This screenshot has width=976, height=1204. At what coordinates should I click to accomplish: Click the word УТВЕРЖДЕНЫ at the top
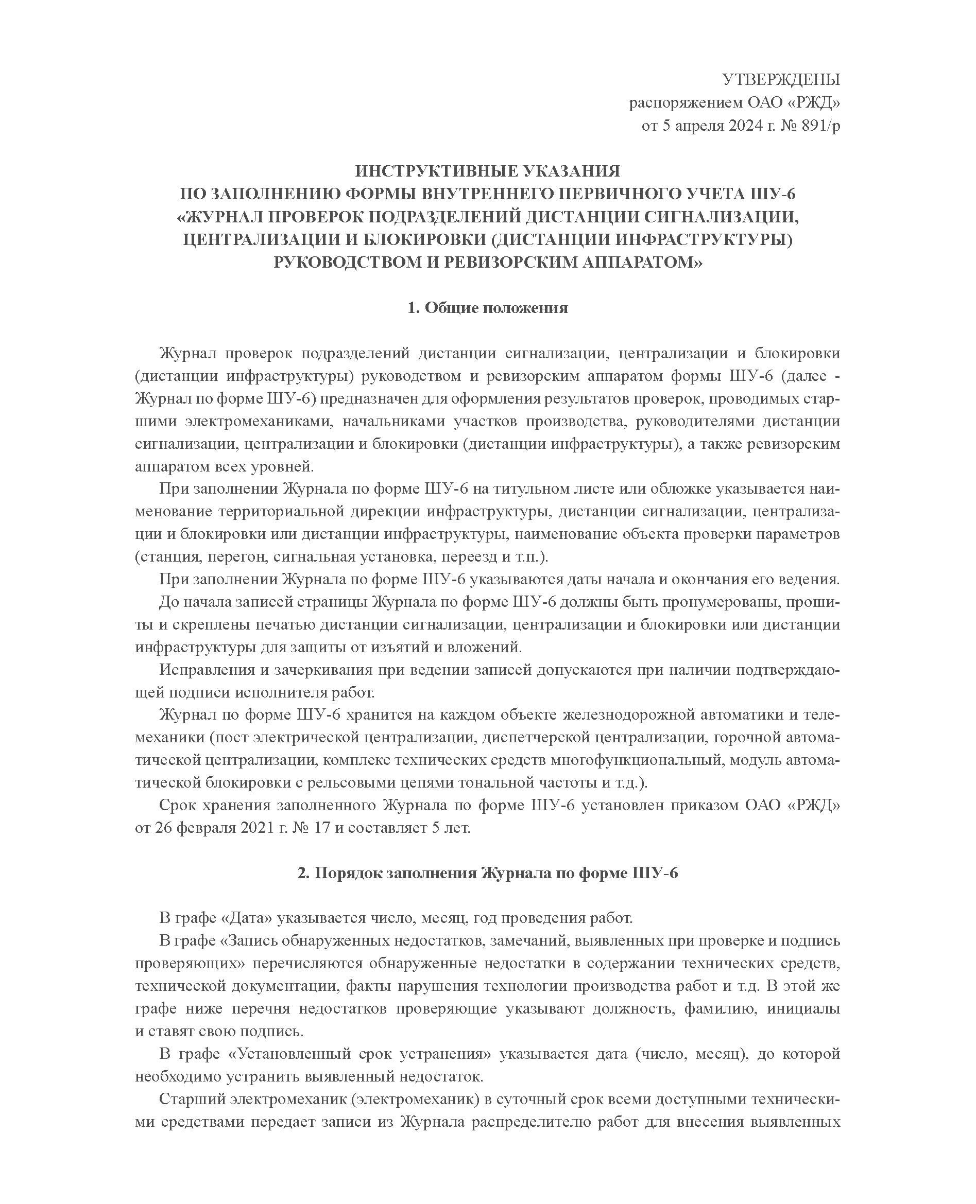click(x=780, y=80)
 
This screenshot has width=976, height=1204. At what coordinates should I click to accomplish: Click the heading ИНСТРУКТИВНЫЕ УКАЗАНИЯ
click(x=487, y=171)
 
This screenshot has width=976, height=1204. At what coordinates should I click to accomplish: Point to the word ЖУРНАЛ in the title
click(x=218, y=217)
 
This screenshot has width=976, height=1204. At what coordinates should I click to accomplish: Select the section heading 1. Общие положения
click(x=487, y=308)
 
